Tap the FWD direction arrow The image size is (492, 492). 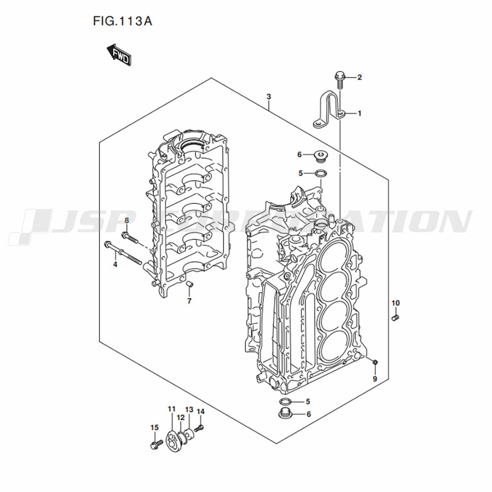point(118,55)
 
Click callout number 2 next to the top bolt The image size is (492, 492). point(359,77)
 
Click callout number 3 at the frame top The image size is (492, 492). point(269,96)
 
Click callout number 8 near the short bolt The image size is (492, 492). point(126,220)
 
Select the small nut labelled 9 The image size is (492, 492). point(375,363)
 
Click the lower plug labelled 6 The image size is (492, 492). point(284,414)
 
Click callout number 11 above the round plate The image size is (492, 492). point(171,409)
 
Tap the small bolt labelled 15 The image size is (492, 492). point(154,445)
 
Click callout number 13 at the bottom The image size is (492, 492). point(189,410)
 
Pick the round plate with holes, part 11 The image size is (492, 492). point(172,439)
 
